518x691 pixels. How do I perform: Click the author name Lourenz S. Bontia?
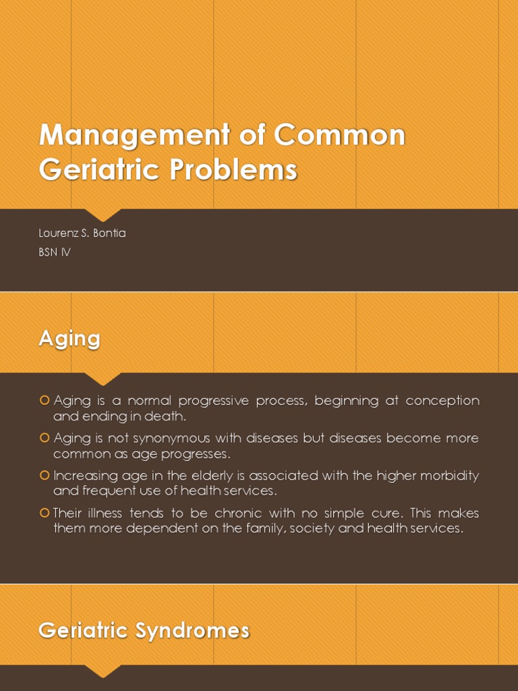coord(82,233)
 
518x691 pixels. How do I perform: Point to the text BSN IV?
coord(55,253)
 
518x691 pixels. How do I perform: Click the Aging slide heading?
coord(69,338)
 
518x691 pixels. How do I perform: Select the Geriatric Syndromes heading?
coord(144,630)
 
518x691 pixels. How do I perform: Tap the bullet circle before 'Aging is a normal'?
coord(45,401)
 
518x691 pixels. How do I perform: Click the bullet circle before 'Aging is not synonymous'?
coord(45,438)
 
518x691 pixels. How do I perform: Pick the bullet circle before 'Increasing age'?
coord(45,475)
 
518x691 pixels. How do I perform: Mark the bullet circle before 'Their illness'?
coord(45,512)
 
